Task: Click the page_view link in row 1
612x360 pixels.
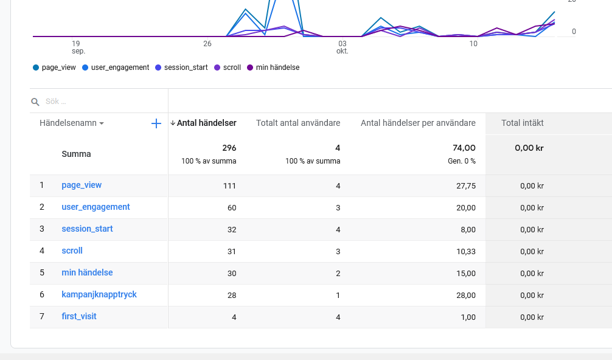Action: point(82,185)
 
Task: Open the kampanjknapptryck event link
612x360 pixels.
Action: point(99,294)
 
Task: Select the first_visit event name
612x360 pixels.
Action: point(79,316)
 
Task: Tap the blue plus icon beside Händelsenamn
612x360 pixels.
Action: point(156,123)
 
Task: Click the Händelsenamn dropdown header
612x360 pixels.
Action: point(72,123)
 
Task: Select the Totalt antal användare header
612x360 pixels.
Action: point(298,123)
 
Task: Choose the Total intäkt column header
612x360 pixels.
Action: point(523,123)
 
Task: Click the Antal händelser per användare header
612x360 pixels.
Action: point(418,123)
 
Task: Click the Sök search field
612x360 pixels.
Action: point(97,102)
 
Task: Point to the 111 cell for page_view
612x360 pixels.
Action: point(229,185)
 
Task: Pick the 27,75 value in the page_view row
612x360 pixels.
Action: point(466,185)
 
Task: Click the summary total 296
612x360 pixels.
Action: point(229,148)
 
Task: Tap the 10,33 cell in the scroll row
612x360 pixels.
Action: point(466,251)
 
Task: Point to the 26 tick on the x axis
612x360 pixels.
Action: point(207,44)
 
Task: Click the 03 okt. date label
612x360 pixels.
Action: point(343,47)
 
